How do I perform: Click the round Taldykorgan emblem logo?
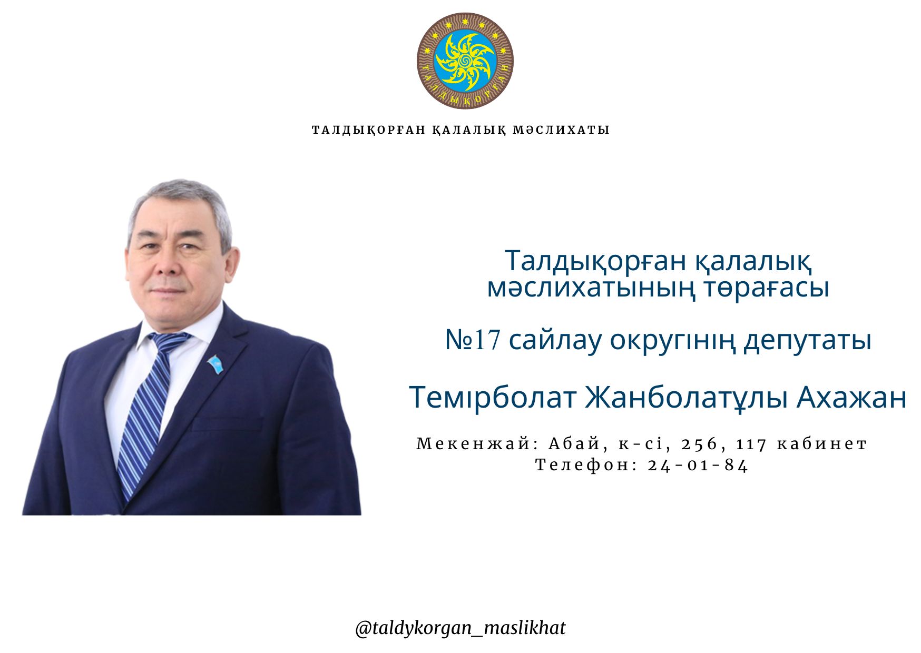[x=465, y=61]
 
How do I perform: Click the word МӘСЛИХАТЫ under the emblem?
[x=561, y=130]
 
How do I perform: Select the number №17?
[x=473, y=340]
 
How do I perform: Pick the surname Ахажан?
[x=851, y=398]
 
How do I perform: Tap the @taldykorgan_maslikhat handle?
[x=460, y=628]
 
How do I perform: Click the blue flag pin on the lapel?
[x=215, y=364]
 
